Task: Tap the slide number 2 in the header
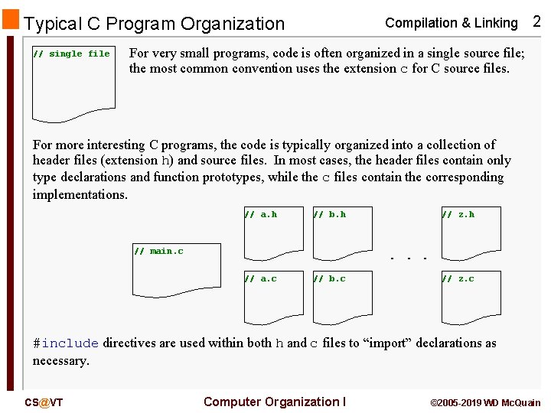tap(536, 21)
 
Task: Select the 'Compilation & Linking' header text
tap(451, 23)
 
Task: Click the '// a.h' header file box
tap(273, 233)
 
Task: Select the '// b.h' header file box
tap(342, 233)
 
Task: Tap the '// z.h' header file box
tap(471, 233)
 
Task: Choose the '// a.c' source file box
tap(273, 298)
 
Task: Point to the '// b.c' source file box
tap(342, 298)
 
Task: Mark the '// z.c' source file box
tap(471, 298)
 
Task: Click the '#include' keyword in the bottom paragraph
tap(66, 343)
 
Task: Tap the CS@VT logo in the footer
tap(44, 403)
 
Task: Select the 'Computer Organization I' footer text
tap(275, 402)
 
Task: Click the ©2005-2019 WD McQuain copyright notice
tap(485, 403)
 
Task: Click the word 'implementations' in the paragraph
tap(79, 194)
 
